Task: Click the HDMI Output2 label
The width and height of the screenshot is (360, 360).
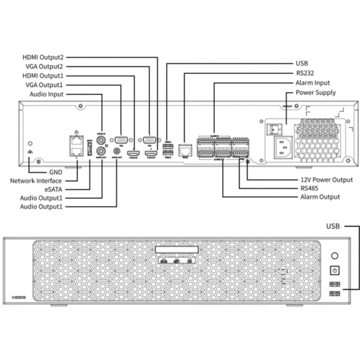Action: click(x=44, y=57)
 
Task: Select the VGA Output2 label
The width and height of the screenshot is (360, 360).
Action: click(x=45, y=67)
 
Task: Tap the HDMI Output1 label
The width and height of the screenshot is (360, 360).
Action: click(x=44, y=76)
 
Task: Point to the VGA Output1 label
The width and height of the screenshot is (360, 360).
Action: click(x=45, y=85)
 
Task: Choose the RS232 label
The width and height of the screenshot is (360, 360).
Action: click(x=306, y=74)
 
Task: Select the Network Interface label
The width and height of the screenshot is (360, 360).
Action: click(x=37, y=181)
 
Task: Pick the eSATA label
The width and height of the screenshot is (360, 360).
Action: click(x=51, y=189)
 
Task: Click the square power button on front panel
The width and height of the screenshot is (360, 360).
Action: click(x=334, y=269)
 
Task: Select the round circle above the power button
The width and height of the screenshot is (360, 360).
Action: click(x=334, y=255)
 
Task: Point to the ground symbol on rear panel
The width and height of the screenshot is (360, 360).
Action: click(x=29, y=152)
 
